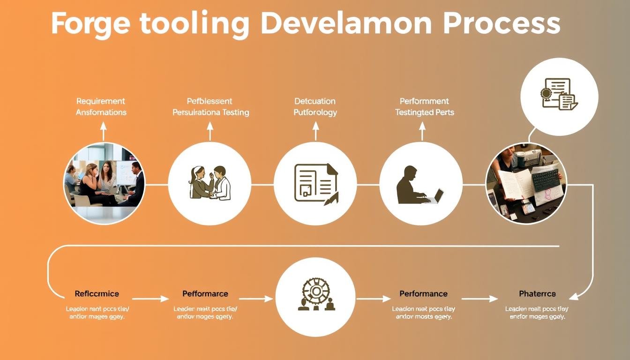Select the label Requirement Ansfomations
pyautogui.click(x=101, y=106)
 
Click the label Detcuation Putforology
pyautogui.click(x=315, y=106)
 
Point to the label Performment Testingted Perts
pyautogui.click(x=424, y=106)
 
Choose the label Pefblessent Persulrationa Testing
pyautogui.click(x=210, y=106)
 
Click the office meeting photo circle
pyautogui.click(x=104, y=183)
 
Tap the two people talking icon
pyautogui.click(x=210, y=183)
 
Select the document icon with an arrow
pyautogui.click(x=315, y=183)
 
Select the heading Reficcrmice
pyautogui.click(x=97, y=294)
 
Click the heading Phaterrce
pyautogui.click(x=537, y=294)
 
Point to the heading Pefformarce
pyautogui.click(x=205, y=294)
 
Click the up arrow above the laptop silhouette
pyautogui.click(x=422, y=131)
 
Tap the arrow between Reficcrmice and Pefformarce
pyautogui.click(x=150, y=299)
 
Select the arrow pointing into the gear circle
pyautogui.click(x=255, y=299)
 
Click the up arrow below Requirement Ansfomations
pyautogui.click(x=103, y=131)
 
